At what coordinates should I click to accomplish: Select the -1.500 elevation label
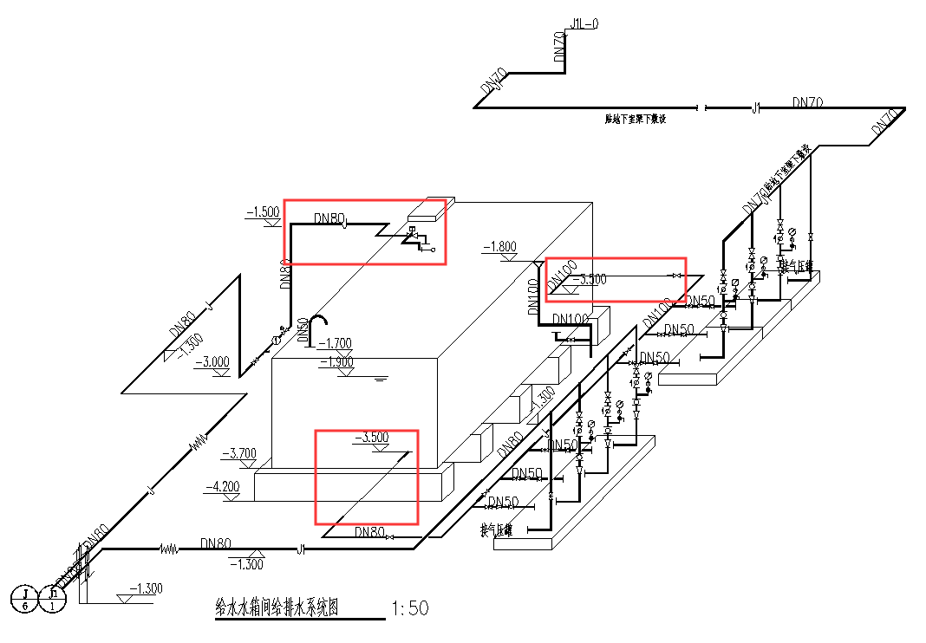point(263,211)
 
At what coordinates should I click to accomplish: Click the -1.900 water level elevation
point(336,362)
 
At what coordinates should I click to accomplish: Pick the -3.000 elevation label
point(212,362)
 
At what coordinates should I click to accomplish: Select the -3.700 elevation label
point(240,452)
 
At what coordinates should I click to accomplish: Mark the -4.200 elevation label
point(222,487)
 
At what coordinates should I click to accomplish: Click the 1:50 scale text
point(410,607)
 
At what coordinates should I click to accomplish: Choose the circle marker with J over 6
point(25,599)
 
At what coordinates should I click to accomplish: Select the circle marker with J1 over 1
point(54,599)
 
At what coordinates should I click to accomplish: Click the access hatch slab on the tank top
point(426,208)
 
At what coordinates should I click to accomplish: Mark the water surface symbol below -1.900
point(379,379)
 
